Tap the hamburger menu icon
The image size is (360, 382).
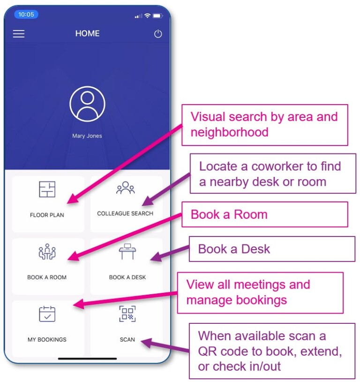click(x=19, y=34)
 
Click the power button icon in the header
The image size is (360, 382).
click(x=158, y=34)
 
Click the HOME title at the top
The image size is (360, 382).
click(x=87, y=33)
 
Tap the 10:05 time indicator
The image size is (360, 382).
click(x=26, y=15)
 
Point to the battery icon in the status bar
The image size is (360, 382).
click(x=157, y=15)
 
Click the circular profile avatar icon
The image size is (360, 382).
click(x=87, y=104)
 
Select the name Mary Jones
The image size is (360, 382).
click(x=87, y=136)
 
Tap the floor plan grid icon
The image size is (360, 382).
click(x=47, y=189)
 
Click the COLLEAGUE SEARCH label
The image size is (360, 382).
click(x=125, y=214)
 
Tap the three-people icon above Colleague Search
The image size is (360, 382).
click(x=126, y=188)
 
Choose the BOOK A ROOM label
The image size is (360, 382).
click(x=47, y=277)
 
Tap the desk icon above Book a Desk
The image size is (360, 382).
click(x=127, y=252)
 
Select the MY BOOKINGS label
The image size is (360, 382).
click(x=47, y=339)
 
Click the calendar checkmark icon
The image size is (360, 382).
click(x=47, y=314)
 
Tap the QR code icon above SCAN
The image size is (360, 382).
click(x=127, y=314)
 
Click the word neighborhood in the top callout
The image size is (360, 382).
click(x=230, y=132)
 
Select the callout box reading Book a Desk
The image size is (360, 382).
click(x=272, y=249)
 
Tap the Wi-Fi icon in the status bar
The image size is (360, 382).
click(x=147, y=15)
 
